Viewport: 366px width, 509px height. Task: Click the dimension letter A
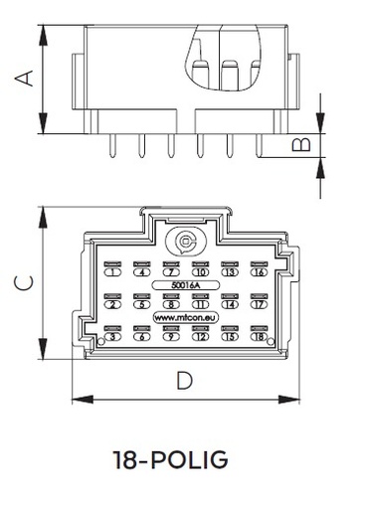coord(31,77)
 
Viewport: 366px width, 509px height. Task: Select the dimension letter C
coord(30,283)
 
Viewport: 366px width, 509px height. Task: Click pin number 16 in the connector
coord(260,271)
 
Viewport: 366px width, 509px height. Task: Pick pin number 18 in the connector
coord(260,337)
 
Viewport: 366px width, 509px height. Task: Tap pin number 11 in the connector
coord(201,304)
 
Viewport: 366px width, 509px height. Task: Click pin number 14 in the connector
coord(231,304)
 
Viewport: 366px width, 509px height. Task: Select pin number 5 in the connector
coord(142,304)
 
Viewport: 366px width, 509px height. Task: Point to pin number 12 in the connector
coord(201,337)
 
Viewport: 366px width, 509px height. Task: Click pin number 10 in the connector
coord(201,271)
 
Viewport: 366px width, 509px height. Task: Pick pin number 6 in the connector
coord(142,337)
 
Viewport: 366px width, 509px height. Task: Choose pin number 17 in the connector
coord(260,304)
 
